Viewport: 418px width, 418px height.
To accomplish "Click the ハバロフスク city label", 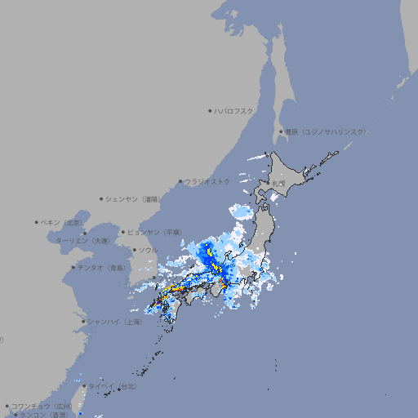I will (234, 110).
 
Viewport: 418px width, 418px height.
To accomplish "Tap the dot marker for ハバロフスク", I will (211, 110).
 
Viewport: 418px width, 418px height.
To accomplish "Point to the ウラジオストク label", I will (207, 181).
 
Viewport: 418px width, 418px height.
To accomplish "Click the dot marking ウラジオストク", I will (180, 181).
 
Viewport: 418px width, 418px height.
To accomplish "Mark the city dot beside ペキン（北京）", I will (37, 222).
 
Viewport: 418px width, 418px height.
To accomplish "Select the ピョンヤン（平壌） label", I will (154, 233).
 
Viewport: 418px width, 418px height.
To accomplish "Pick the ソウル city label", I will (148, 250).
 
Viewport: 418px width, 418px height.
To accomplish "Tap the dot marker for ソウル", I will (134, 250).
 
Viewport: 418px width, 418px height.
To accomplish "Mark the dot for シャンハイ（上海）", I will (83, 322).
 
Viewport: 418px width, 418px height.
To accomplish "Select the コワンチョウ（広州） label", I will (42, 406).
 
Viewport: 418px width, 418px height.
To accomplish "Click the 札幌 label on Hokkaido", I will (279, 184).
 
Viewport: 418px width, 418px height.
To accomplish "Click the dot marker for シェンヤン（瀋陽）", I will (101, 198).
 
